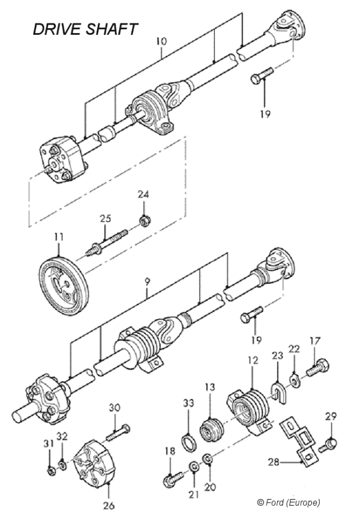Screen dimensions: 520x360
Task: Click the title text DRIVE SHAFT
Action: pos(85,28)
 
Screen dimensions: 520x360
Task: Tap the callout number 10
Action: pos(163,43)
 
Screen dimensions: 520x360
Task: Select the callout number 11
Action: pos(58,238)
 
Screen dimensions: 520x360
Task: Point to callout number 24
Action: pos(143,194)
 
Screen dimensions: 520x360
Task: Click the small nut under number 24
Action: pos(144,221)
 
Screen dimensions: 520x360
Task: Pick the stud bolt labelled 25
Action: pos(108,240)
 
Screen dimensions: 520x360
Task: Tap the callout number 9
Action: pos(148,293)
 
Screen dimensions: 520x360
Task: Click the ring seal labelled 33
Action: pos(188,444)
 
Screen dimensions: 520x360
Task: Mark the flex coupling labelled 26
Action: pos(91,462)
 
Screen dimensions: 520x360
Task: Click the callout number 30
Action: pos(115,407)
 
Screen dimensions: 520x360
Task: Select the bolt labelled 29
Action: pos(329,445)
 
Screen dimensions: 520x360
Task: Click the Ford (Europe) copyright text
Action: pos(288,501)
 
